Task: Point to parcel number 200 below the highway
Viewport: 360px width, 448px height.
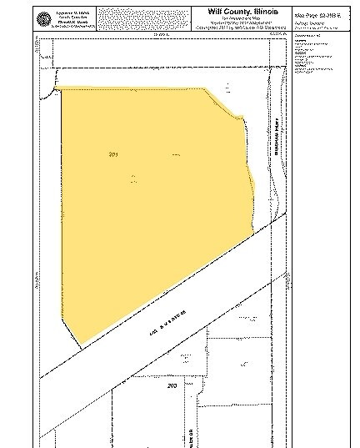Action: [172, 387]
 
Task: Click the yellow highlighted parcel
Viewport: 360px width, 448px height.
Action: [150, 209]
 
